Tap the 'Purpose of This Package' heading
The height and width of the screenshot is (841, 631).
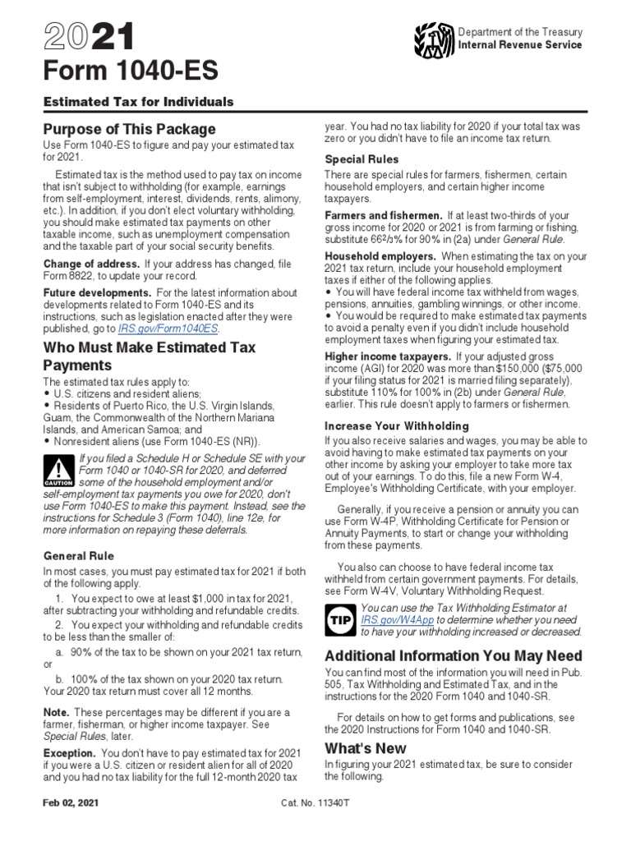[x=129, y=129]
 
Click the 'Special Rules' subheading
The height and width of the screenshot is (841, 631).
[x=362, y=159]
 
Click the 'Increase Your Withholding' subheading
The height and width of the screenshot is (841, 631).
[x=397, y=426]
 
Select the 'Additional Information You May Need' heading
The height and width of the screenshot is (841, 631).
[x=454, y=655]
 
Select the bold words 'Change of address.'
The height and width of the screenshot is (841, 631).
[x=91, y=264]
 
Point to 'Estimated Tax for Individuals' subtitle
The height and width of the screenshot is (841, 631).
[x=138, y=102]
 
